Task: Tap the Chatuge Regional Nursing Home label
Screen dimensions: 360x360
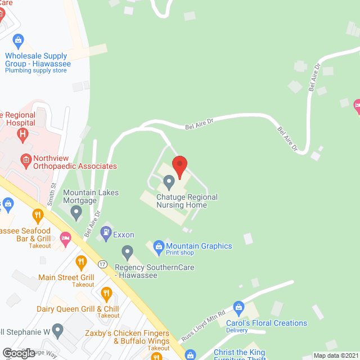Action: tap(179, 201)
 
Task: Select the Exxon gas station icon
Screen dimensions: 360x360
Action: tap(105, 231)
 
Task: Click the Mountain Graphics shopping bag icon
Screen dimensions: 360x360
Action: tap(159, 245)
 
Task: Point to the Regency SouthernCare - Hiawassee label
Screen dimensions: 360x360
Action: tap(154, 271)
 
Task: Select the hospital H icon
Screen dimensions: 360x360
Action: tap(22, 133)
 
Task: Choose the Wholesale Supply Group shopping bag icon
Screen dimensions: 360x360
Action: tap(19, 39)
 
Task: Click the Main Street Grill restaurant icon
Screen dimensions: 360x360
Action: tap(81, 262)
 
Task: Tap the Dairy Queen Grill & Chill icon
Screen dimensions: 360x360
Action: tap(105, 292)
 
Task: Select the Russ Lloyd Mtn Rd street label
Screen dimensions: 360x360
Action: tap(202, 327)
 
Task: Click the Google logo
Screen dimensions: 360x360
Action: tap(18, 353)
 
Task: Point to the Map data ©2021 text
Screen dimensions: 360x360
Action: tap(335, 355)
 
